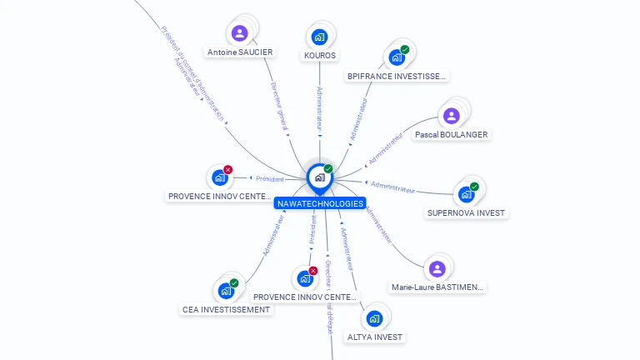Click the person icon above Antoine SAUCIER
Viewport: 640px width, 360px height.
239,33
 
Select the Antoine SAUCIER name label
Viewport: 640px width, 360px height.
240,52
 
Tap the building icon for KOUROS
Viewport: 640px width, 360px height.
319,37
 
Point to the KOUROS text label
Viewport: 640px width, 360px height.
320,56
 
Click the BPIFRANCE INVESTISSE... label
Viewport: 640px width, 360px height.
397,77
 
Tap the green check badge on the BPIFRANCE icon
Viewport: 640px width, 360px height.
405,50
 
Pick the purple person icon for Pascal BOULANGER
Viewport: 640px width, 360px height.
452,116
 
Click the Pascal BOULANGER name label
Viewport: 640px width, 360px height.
452,135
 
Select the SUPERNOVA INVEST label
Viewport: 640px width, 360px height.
466,213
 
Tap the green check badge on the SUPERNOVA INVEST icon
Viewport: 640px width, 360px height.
474,187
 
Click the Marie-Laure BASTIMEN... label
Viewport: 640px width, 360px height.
437,287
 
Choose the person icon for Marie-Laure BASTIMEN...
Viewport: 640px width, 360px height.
437,268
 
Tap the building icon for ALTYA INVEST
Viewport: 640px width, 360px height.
375,318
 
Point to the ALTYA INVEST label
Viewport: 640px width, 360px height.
375,337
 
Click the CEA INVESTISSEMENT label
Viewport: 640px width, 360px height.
226,310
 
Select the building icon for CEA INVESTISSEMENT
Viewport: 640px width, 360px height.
225,291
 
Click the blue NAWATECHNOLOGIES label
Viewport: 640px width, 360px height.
320,203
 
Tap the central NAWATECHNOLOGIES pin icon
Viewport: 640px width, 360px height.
319,177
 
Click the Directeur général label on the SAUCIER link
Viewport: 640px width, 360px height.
279,107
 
